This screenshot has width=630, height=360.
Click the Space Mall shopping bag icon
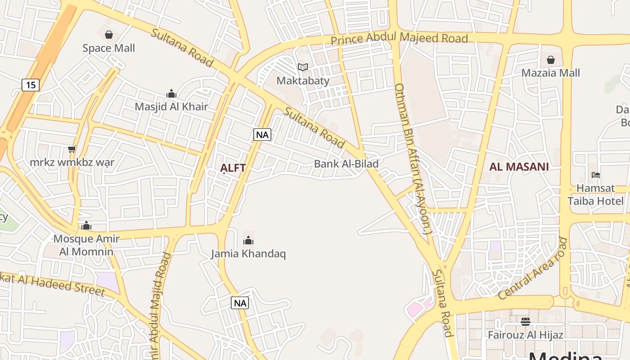[108, 35]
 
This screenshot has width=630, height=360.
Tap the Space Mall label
[108, 48]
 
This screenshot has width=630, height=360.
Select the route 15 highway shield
[31, 85]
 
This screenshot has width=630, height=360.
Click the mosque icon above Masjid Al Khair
[171, 94]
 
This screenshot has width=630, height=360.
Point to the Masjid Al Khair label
[171, 107]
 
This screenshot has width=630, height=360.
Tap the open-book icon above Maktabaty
[303, 67]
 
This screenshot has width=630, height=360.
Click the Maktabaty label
[303, 81]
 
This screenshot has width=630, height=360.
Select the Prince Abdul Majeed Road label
[399, 38]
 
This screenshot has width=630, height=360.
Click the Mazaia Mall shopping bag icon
[550, 60]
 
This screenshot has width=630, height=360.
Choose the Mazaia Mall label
[550, 73]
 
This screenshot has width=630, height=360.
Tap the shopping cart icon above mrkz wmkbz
[72, 149]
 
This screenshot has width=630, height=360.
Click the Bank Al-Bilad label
[346, 164]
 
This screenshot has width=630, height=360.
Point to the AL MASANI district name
[519, 167]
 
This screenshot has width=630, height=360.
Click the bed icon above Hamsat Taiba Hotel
[596, 175]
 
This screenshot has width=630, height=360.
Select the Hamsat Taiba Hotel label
[596, 194]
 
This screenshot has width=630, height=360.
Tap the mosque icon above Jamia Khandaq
[248, 240]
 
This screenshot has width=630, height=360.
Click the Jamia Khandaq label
[248, 254]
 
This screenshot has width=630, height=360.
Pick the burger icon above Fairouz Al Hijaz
[525, 322]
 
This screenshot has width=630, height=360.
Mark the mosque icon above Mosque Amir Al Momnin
[86, 225]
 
